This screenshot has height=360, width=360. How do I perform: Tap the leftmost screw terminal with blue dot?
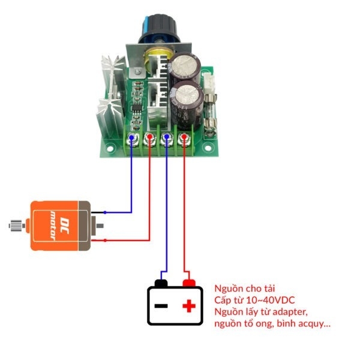(132, 140)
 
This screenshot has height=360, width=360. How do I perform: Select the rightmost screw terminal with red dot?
(184, 140)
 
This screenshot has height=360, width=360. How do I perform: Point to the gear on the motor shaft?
(15, 226)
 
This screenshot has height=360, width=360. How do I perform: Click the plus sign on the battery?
(189, 307)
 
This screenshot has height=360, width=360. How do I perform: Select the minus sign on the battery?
(161, 307)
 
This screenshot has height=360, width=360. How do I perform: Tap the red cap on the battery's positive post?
(189, 283)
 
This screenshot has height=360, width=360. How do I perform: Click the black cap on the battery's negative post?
(161, 283)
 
